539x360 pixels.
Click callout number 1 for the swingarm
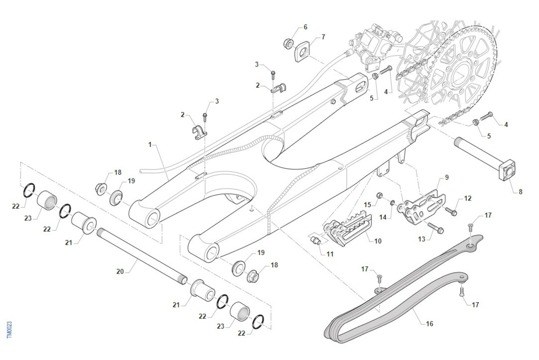click(150, 145)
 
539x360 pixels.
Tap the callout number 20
click(120, 271)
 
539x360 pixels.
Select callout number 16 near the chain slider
click(429, 324)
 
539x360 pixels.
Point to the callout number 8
click(520, 192)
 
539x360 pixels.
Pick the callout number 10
click(378, 241)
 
